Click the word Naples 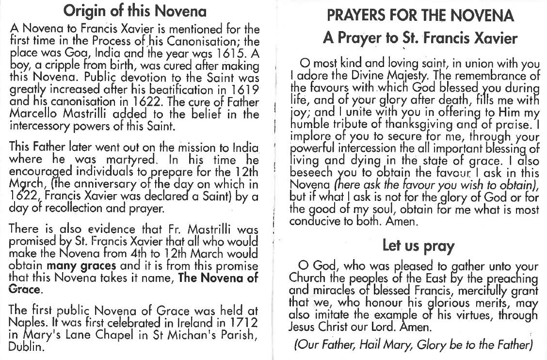(26, 323)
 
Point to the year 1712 (243, 323)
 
